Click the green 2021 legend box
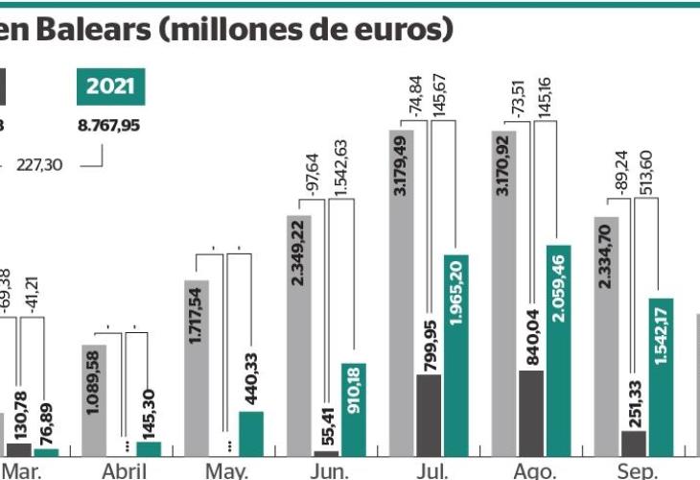(110, 86)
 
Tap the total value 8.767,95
(108, 125)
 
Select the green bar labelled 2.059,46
(558, 350)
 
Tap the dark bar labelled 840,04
(531, 413)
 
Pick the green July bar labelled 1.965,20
(456, 355)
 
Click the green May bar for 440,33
(250, 433)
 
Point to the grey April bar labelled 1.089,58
(95, 399)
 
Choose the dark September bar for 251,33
(634, 443)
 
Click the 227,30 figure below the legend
(39, 165)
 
